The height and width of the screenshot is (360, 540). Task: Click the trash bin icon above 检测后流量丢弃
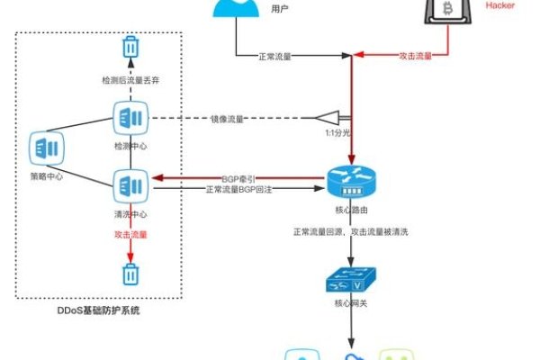[130, 47]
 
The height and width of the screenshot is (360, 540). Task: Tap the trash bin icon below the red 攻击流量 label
[130, 273]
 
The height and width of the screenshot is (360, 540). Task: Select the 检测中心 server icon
[126, 117]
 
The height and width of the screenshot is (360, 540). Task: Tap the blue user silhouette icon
[235, 8]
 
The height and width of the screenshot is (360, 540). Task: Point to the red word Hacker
[500, 5]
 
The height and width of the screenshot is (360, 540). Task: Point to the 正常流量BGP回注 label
[239, 190]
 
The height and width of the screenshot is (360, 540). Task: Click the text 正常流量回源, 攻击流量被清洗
[352, 233]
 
